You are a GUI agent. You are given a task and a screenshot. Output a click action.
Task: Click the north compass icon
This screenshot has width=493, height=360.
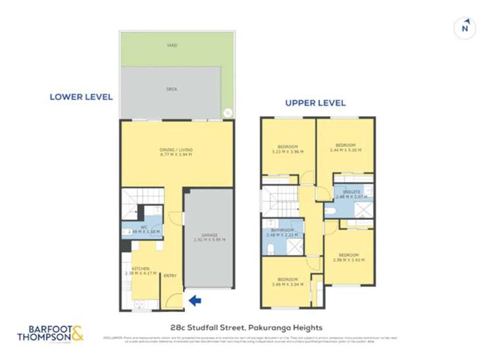464,28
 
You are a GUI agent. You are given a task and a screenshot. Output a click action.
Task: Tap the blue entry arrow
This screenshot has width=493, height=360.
195,301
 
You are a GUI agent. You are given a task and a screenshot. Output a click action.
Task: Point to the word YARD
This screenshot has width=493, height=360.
172,45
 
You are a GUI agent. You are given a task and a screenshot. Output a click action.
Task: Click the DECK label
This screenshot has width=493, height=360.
172,89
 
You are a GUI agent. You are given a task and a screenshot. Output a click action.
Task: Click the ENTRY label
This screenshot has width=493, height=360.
170,276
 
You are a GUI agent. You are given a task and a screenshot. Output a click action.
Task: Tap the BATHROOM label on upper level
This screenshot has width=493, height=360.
280,230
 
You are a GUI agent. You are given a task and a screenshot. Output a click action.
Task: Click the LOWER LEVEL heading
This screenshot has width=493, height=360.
81,97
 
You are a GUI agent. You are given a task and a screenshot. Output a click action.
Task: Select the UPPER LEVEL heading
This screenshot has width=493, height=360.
315,103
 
